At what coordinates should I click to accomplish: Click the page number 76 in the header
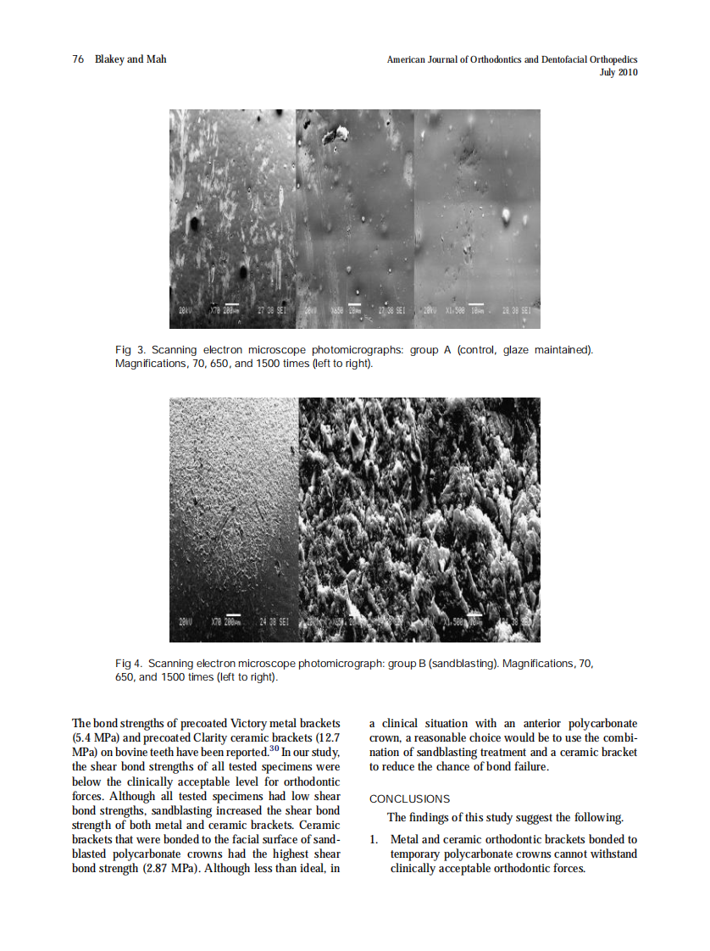pos(77,59)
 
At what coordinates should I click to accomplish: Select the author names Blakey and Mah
pos(131,59)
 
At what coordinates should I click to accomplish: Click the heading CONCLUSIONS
pos(409,798)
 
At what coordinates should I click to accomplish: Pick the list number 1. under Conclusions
pos(374,839)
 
